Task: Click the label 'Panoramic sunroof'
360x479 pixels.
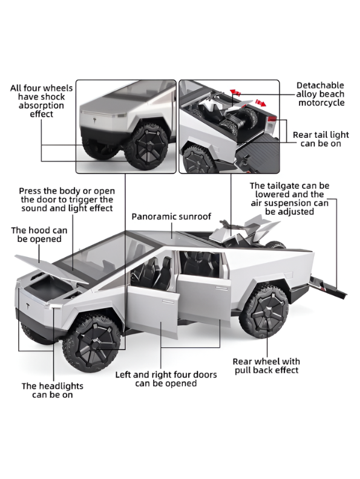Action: [x=171, y=217]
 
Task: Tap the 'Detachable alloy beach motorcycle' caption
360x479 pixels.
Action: [x=320, y=94]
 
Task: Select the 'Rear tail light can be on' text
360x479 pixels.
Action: [x=321, y=139]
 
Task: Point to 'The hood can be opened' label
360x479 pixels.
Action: [x=39, y=234]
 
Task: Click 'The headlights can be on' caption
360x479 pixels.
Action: [x=52, y=390]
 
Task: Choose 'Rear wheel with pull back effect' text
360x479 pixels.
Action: [x=266, y=366]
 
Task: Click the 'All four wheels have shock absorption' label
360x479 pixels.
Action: [x=41, y=101]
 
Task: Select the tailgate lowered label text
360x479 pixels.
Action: [x=289, y=198]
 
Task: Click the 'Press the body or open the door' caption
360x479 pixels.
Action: [x=67, y=200]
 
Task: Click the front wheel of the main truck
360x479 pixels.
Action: [x=92, y=343]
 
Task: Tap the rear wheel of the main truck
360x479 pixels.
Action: [x=263, y=310]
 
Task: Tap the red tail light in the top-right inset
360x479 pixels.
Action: [x=272, y=119]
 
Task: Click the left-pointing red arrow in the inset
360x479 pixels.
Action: [x=235, y=92]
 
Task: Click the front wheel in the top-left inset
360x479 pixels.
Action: [x=146, y=146]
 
